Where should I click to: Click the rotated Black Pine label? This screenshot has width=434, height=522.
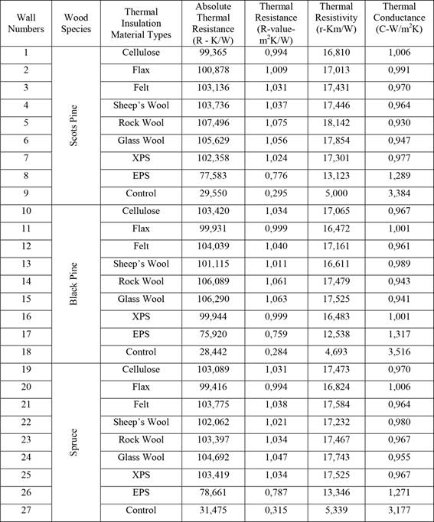click(x=73, y=280)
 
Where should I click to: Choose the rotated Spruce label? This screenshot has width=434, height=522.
click(x=73, y=439)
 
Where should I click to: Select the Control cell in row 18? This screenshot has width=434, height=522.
click(x=141, y=351)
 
